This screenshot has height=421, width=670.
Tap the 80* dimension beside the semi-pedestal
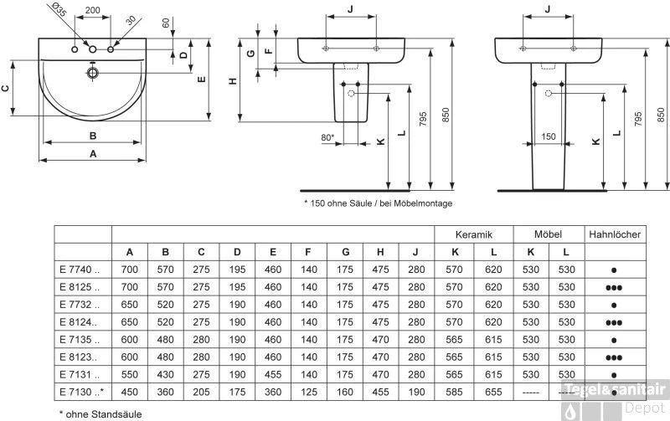tap(327, 136)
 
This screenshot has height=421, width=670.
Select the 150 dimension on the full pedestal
tap(548, 136)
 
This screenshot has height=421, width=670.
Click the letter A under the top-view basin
tap(93, 153)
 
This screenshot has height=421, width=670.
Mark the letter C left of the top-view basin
tap(6, 88)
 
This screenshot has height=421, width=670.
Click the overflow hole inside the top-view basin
tap(92, 74)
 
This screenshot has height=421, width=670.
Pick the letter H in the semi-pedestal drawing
tap(234, 80)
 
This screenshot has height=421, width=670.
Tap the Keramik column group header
tap(473, 235)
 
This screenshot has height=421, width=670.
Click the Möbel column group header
tap(549, 235)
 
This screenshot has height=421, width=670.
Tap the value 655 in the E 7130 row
tap(493, 392)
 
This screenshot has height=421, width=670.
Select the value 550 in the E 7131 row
tap(130, 374)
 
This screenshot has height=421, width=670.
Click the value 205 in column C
tap(202, 392)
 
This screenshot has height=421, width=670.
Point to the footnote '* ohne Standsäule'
tap(94, 413)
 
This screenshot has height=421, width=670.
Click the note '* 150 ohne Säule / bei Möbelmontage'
tap(378, 203)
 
